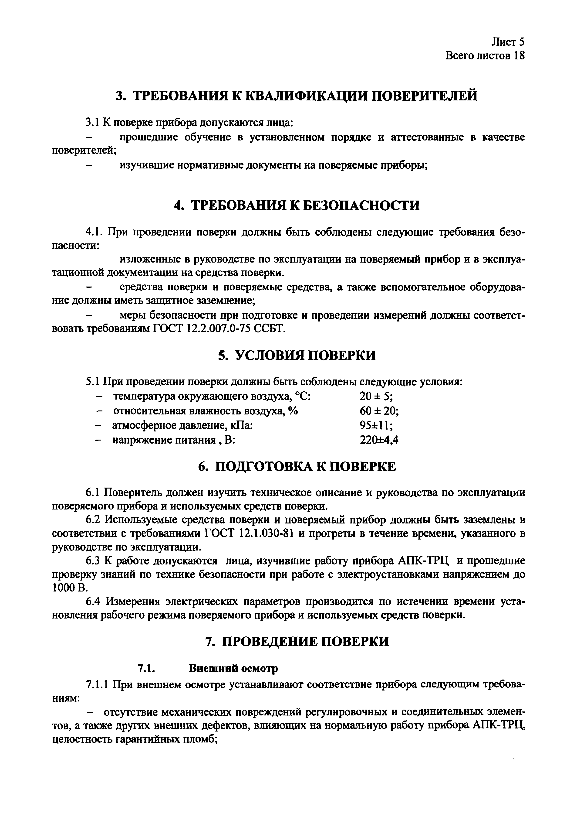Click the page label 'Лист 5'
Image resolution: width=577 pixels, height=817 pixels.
[508, 42]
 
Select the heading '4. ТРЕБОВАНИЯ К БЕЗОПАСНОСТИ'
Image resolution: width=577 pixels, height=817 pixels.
[297, 206]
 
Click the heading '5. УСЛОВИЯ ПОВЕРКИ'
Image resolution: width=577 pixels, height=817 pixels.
[297, 356]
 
